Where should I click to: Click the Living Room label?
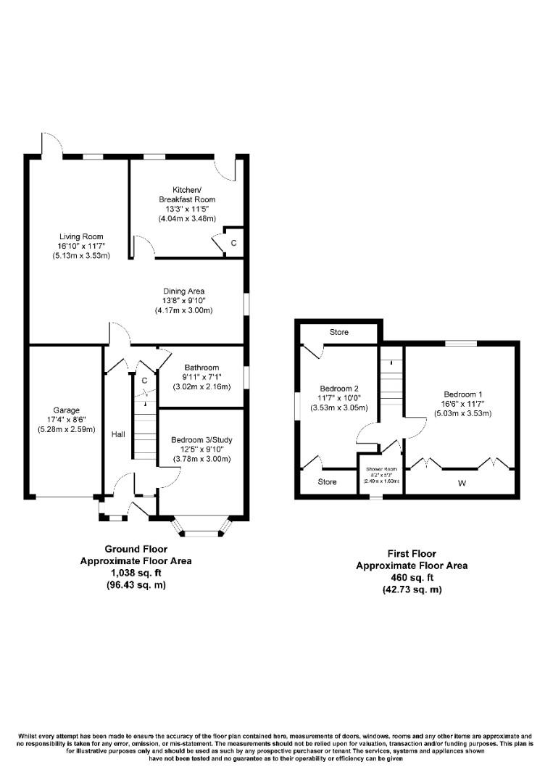coord(80,236)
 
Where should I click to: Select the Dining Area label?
coord(183,291)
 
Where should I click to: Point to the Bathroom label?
coord(201,368)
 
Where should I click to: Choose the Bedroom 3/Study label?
coord(201,439)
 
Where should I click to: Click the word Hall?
coord(118,434)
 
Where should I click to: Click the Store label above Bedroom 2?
coord(338,332)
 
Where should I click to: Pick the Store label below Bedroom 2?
coord(328,481)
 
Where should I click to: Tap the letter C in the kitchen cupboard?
coord(233,244)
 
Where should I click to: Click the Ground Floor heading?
coord(136,549)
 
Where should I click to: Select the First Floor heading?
coord(411,554)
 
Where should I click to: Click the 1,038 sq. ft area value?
coord(136,573)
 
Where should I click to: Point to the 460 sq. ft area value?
coord(411,578)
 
